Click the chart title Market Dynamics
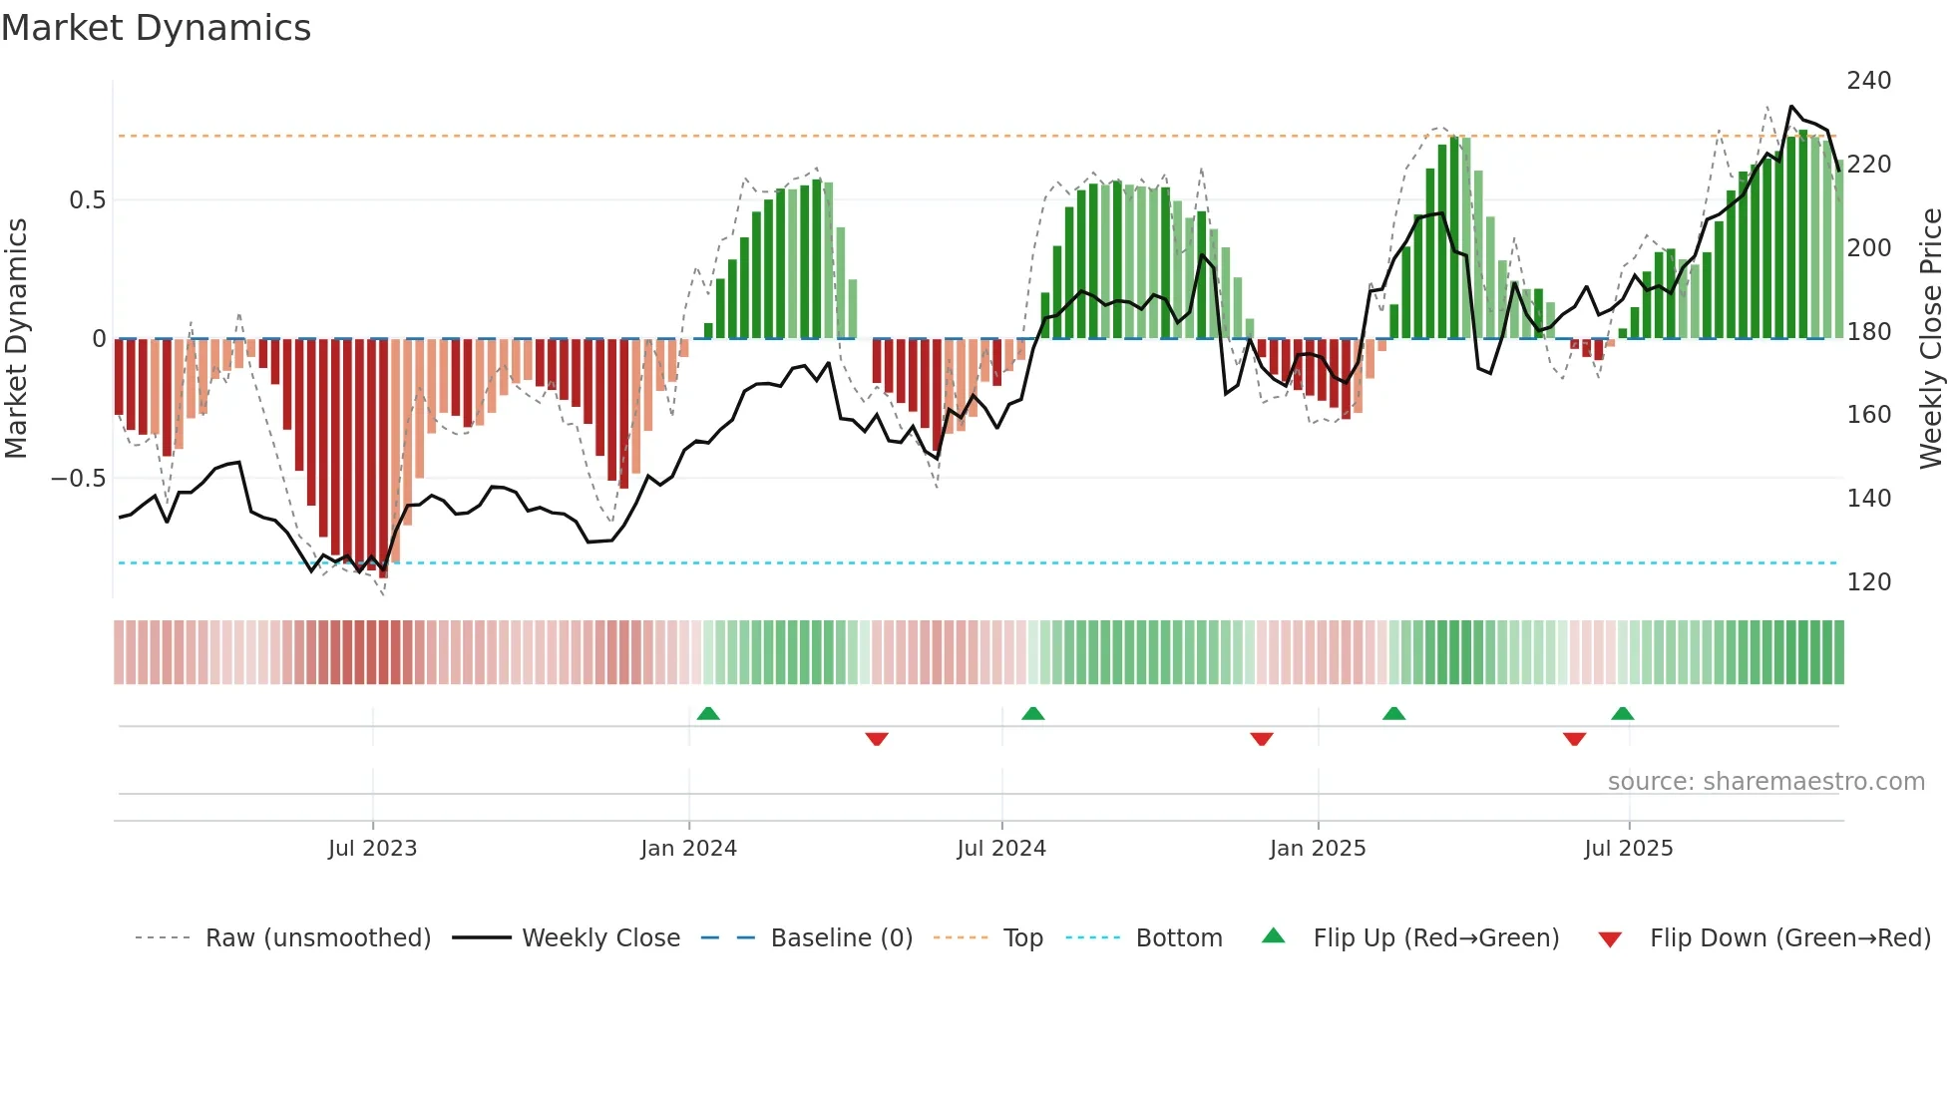[156, 28]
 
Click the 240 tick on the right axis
[1868, 81]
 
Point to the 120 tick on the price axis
[1868, 581]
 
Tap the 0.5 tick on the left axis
[87, 200]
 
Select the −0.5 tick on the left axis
[79, 479]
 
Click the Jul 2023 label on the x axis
[372, 849]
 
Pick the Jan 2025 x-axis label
[1317, 849]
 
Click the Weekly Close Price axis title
[1931, 339]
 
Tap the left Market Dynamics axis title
[16, 339]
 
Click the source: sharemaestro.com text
[1765, 782]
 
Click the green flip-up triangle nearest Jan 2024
[708, 714]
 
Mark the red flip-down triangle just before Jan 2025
[1261, 739]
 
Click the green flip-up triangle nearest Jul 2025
[1622, 714]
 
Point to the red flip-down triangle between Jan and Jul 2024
[877, 739]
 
